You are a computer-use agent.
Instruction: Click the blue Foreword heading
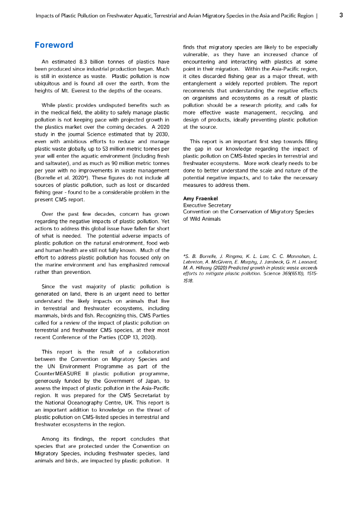click(54, 45)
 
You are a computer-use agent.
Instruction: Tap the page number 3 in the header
click(341, 15)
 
